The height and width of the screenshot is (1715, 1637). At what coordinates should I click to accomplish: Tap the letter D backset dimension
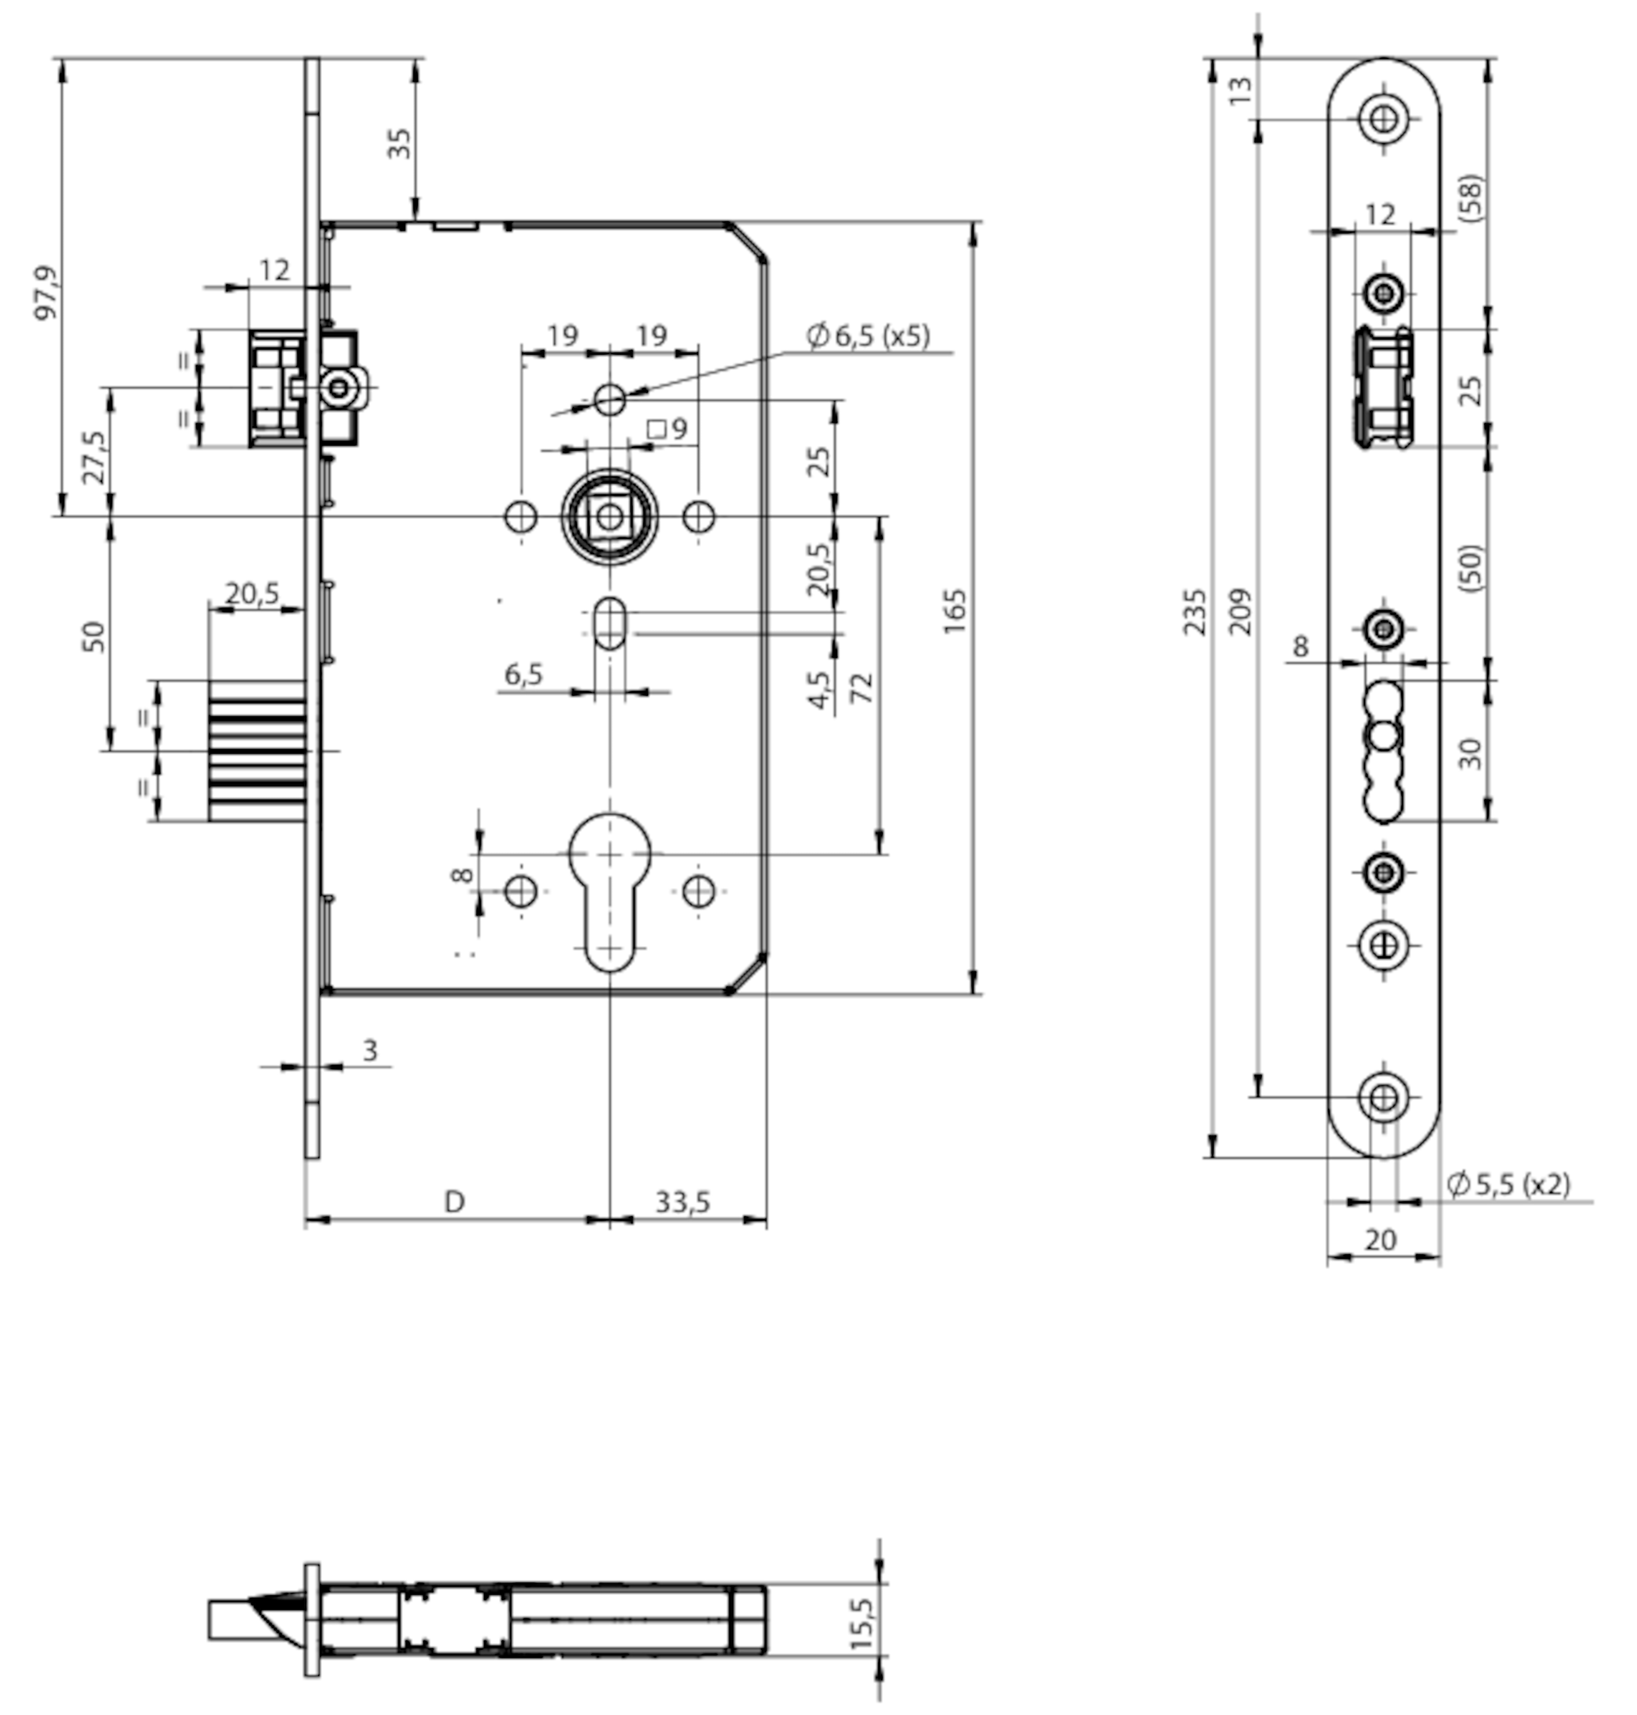pos(455,1202)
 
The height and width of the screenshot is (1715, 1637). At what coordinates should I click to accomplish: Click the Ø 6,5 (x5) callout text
pos(868,335)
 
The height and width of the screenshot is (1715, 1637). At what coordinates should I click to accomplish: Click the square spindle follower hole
pos(609,517)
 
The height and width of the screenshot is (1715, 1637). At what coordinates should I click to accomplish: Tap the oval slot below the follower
pos(609,623)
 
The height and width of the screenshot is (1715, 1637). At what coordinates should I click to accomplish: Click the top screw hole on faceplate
pos(1383,118)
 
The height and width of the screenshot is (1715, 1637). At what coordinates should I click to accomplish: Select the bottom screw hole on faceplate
pos(1383,1097)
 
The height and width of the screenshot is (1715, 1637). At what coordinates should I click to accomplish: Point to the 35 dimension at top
pos(399,143)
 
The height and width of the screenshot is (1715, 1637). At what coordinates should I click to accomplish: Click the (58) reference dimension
pos(1470,198)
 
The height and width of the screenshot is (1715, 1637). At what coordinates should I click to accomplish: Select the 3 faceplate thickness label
pos(370,1050)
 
